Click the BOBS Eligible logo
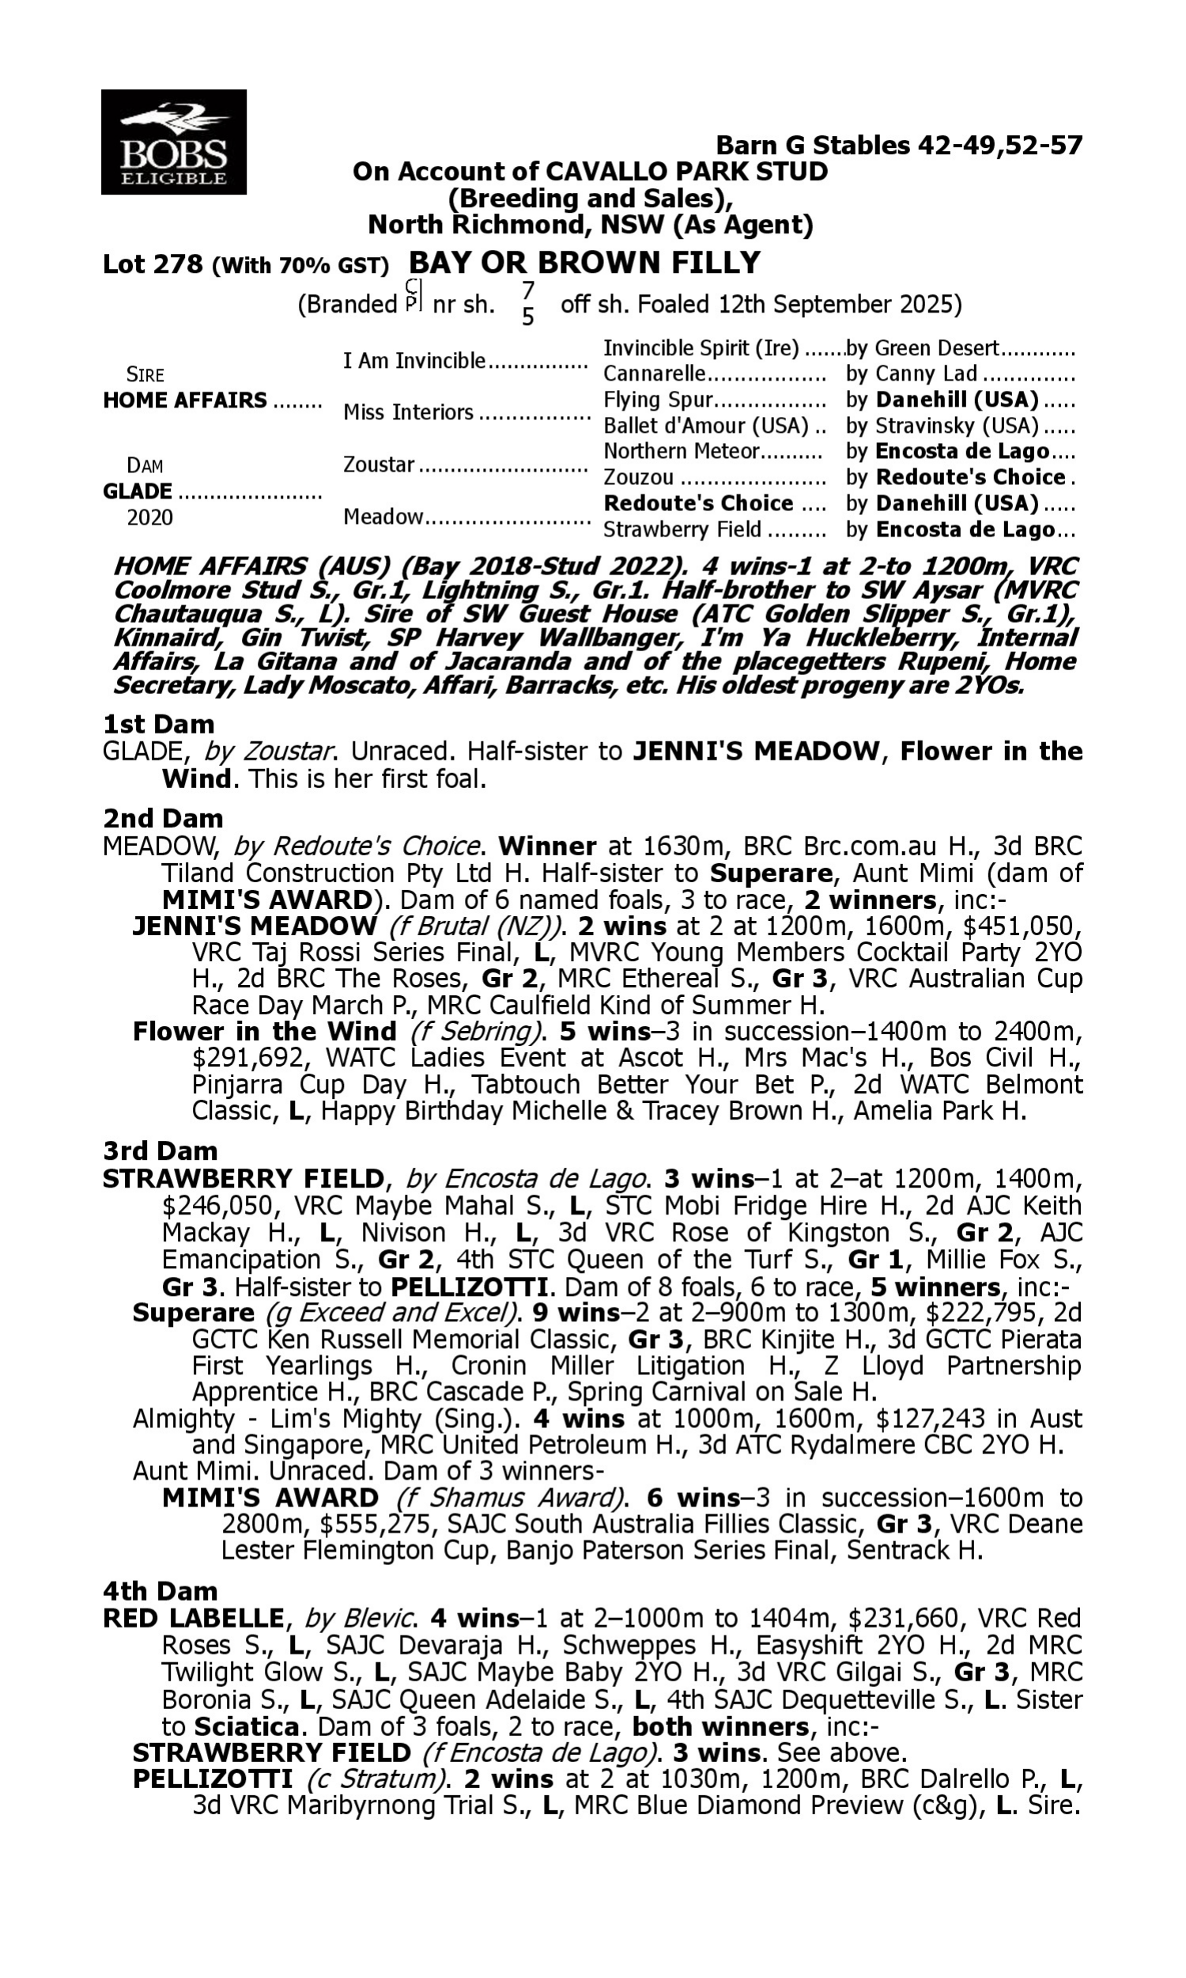point(173,142)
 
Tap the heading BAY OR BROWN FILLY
point(584,263)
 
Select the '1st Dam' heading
point(158,725)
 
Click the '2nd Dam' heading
point(162,819)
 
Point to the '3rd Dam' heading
point(160,1151)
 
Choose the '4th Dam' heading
point(160,1591)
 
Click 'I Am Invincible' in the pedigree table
point(414,361)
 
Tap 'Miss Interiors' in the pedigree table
point(409,412)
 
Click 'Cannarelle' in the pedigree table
point(655,374)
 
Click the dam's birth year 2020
point(149,518)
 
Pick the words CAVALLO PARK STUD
point(686,171)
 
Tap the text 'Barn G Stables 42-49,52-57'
point(898,146)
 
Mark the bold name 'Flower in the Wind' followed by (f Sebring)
point(265,1033)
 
